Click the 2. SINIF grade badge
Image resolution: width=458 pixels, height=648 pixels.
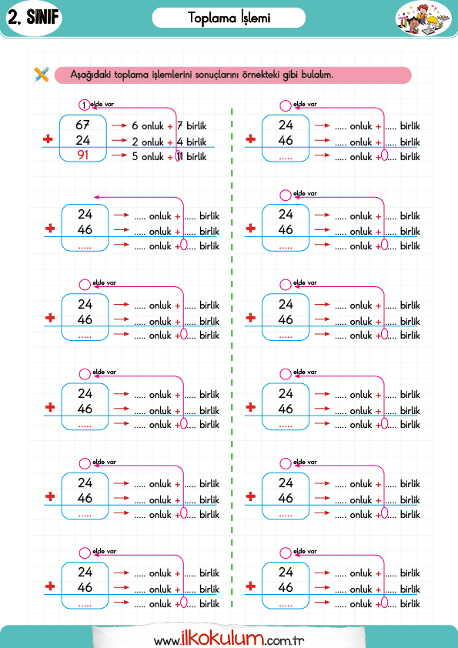pos(33,18)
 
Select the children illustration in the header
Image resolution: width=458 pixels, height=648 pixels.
pos(423,18)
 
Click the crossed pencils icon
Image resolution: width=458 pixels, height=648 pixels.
pos(42,75)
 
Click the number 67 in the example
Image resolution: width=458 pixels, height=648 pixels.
pos(82,125)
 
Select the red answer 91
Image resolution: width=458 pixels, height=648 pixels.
pos(82,155)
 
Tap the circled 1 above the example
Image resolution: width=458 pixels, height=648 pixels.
pos(84,105)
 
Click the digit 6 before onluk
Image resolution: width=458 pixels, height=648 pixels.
pos(135,125)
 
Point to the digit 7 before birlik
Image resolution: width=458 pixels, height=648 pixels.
pos(179,125)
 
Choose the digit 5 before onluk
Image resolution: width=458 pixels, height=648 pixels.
pos(135,157)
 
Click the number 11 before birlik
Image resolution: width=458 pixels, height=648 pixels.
pos(179,157)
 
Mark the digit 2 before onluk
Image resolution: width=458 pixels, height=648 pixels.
pos(135,142)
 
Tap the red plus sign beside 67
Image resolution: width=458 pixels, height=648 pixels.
pos(48,139)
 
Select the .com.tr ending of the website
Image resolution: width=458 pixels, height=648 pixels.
pos(284,641)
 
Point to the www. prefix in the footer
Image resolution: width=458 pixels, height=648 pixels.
pos(167,641)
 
